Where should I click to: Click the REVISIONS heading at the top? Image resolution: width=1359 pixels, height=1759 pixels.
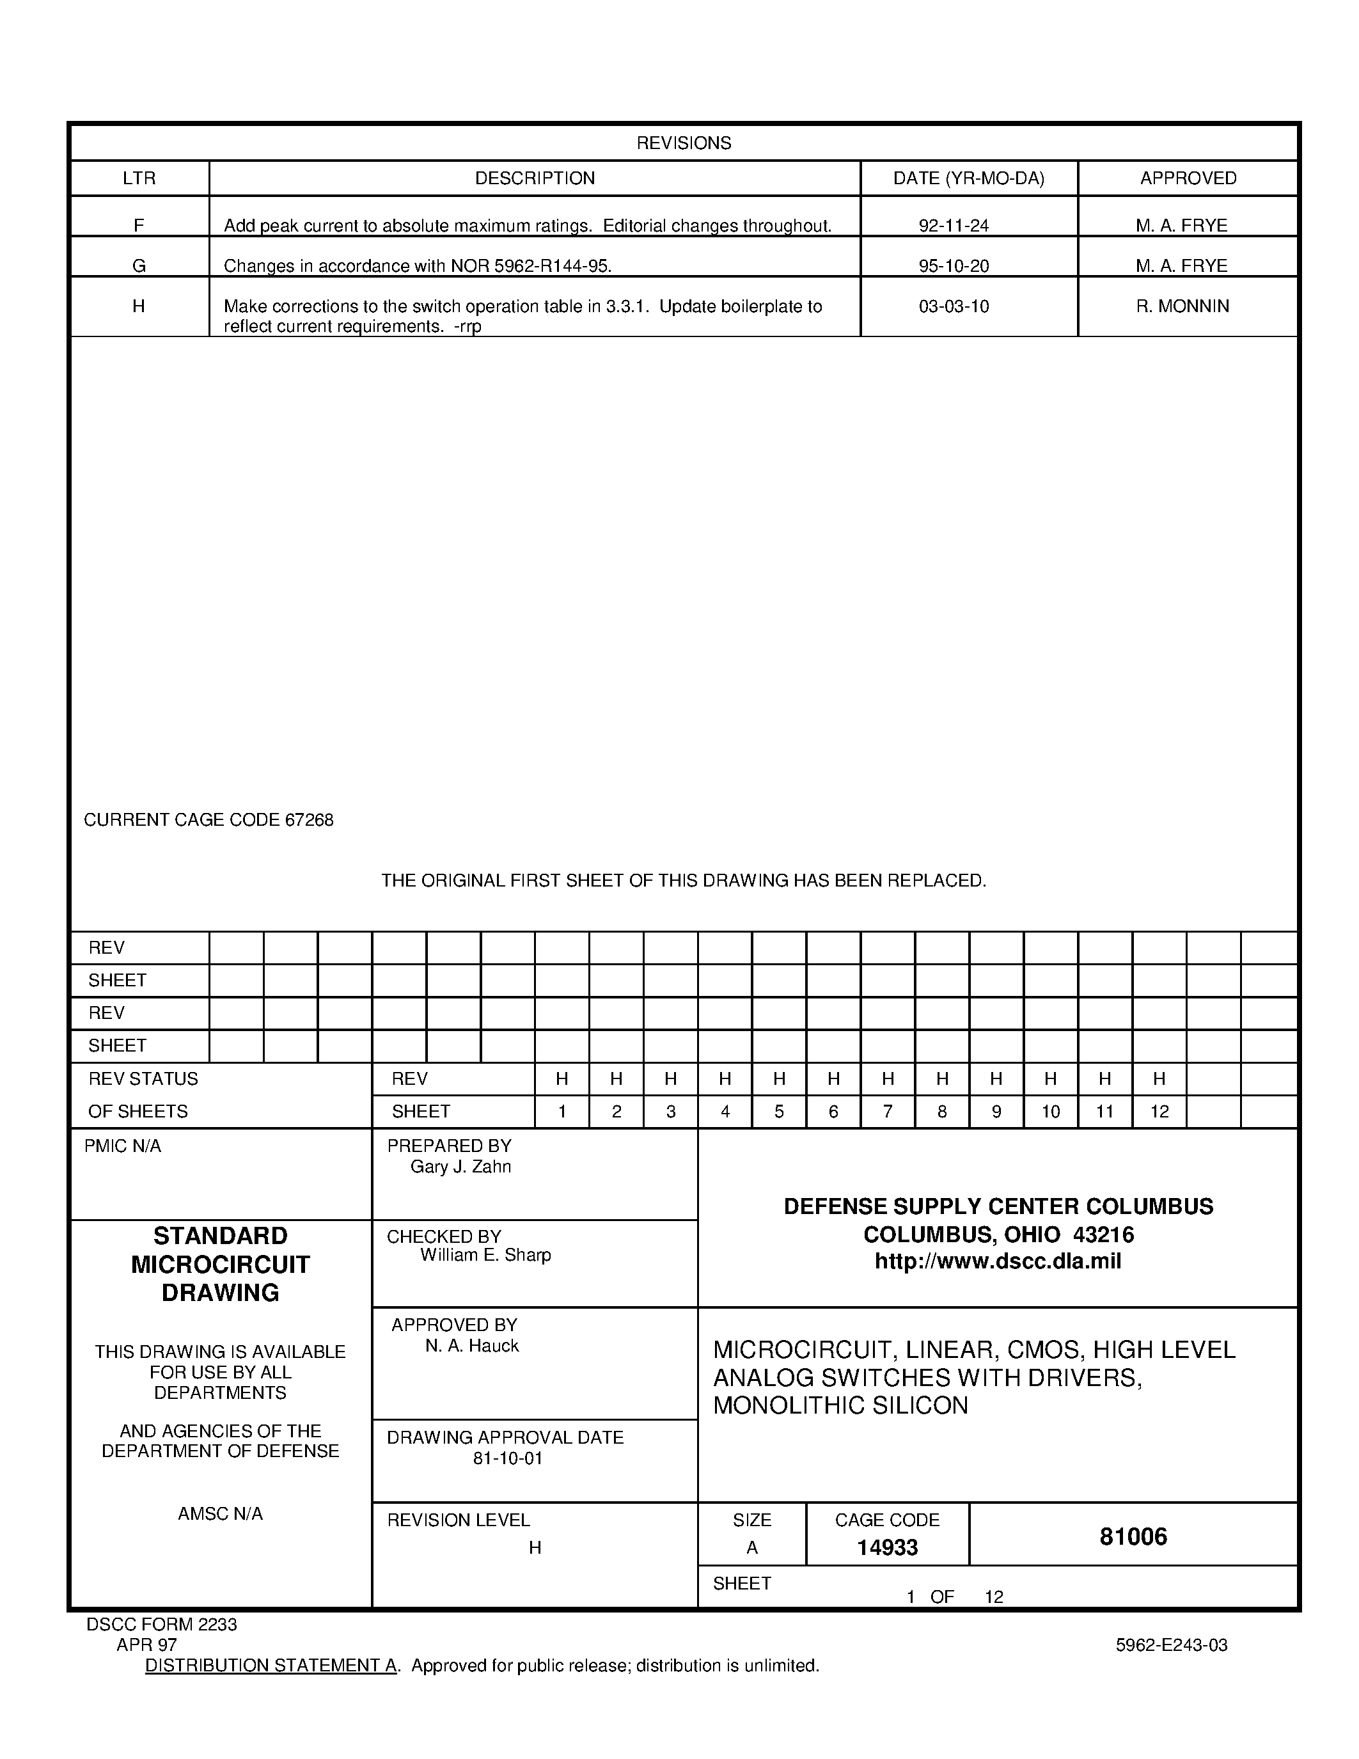684,143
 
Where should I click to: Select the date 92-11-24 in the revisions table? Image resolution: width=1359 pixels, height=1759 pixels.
954,226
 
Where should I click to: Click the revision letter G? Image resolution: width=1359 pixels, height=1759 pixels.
139,266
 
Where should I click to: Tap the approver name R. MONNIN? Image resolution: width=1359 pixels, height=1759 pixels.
1182,306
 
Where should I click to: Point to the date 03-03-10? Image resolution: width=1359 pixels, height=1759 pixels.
954,306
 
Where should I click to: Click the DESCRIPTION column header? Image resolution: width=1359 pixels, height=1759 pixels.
535,178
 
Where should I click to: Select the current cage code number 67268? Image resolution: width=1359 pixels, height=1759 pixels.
308,820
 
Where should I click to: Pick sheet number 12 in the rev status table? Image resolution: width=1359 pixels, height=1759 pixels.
1159,1112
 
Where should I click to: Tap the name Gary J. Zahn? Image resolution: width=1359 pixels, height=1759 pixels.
460,1167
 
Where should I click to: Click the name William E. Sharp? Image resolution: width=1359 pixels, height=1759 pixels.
485,1255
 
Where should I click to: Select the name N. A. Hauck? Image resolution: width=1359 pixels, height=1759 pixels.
472,1346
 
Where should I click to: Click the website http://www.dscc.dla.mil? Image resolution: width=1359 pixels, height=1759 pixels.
998,1261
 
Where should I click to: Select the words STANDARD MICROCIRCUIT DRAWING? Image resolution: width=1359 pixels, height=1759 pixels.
220,1264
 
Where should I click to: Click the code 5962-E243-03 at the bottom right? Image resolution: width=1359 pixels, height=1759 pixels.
1172,1645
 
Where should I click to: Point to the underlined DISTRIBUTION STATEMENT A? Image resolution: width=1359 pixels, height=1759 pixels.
271,1666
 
